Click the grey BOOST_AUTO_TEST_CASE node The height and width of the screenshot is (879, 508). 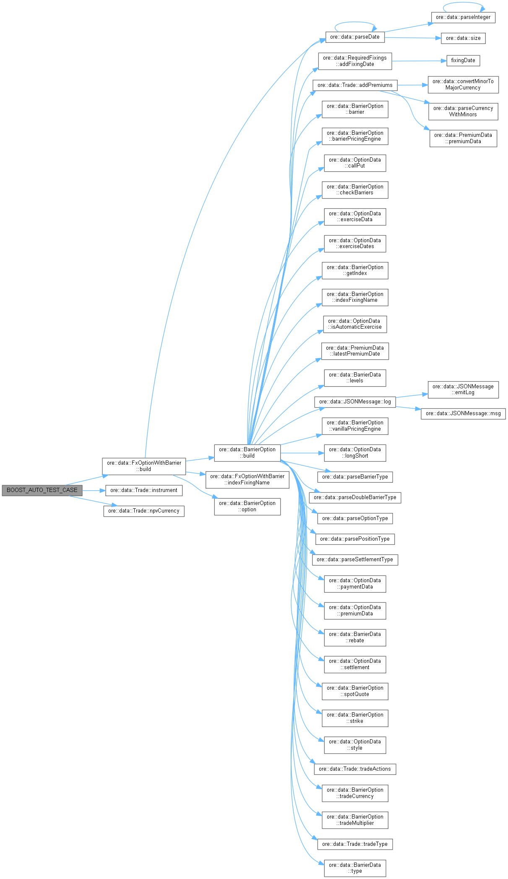point(42,490)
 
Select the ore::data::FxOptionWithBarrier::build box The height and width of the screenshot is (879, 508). point(143,466)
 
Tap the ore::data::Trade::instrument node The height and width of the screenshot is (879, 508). point(143,490)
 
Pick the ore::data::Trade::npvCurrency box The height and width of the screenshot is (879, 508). point(143,511)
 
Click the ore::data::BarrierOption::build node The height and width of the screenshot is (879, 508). point(247,453)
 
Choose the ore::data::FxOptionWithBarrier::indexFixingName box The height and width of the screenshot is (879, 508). point(247,479)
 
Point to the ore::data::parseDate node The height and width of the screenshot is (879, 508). point(354,37)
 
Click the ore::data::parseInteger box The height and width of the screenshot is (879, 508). point(463,17)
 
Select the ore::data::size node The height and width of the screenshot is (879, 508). point(463,38)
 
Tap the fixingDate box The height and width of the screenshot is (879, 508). point(463,60)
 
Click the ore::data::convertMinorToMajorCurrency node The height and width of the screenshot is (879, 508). point(463,84)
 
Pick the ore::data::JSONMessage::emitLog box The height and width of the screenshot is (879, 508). point(463,390)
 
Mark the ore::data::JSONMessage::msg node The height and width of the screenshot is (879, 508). point(463,413)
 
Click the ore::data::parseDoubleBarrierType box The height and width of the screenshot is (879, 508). point(355,497)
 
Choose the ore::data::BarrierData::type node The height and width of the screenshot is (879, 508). point(355,868)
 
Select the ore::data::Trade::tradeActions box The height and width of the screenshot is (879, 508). point(355,769)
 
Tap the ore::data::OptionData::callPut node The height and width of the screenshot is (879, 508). point(355,163)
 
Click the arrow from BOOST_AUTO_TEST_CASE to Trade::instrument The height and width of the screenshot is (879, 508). point(93,490)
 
